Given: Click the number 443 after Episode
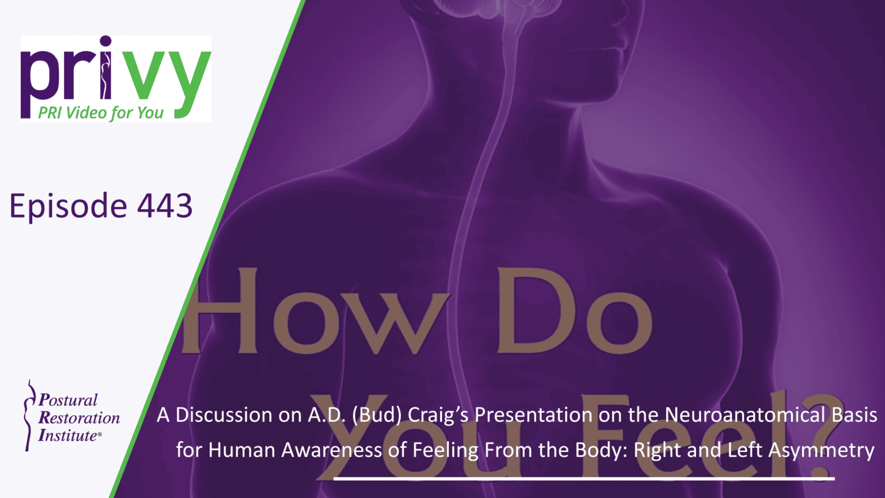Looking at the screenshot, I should (165, 206).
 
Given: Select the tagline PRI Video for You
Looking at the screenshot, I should (101, 112).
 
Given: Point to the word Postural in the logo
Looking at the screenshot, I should (68, 400).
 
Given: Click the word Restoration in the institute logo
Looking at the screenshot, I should (79, 418).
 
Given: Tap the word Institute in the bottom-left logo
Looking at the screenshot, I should (67, 436).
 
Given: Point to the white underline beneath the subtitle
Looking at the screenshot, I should (584, 478).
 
